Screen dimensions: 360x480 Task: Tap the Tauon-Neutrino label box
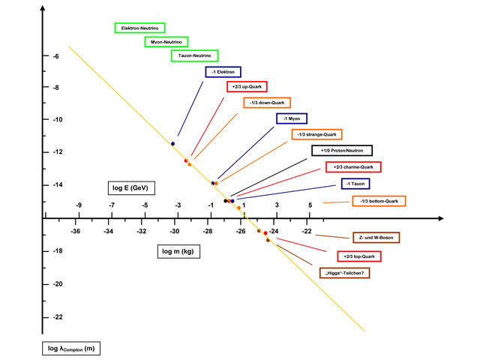point(193,55)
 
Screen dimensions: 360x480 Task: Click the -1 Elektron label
point(223,72)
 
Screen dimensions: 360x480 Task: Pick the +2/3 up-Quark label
point(247,88)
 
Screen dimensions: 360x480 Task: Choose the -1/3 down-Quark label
point(266,103)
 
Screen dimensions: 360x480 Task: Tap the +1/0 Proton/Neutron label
point(341,151)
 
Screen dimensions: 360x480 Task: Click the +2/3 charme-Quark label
point(353,166)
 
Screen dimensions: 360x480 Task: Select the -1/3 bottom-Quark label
point(379,201)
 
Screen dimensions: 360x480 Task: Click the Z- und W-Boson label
point(376,238)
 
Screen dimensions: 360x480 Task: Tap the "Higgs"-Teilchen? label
point(345,272)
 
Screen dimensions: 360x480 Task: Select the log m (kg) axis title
point(177,251)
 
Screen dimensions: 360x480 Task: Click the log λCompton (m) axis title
point(71,349)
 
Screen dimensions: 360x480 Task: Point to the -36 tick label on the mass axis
point(76,232)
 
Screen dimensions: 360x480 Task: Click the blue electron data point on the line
point(172,143)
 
